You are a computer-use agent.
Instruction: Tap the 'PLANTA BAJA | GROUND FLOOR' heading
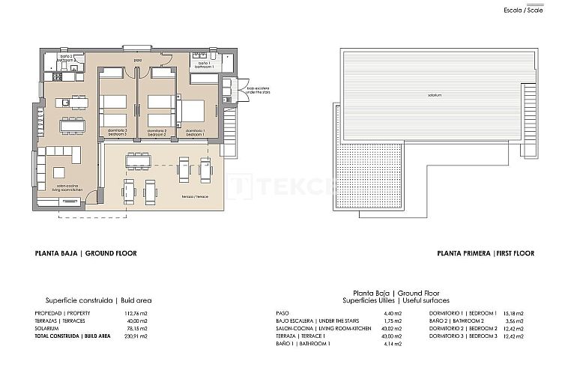(85, 254)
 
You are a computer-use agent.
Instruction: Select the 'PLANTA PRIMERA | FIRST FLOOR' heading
(486, 254)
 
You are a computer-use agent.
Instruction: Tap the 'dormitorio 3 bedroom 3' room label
(116, 132)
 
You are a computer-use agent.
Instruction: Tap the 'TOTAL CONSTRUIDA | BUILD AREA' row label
(73, 337)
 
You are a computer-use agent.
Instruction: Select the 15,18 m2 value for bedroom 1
(513, 313)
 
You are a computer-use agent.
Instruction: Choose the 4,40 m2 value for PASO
(393, 313)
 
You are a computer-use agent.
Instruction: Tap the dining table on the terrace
(137, 160)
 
